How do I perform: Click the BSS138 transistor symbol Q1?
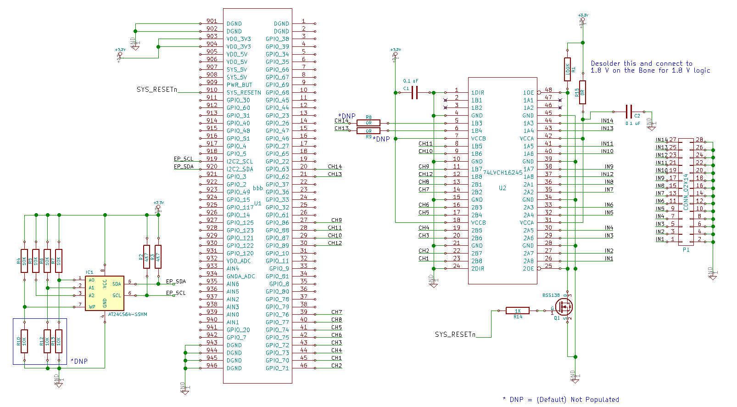click(x=564, y=306)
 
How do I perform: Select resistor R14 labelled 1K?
click(x=517, y=311)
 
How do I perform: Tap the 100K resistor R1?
click(x=568, y=69)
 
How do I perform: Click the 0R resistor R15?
click(x=582, y=92)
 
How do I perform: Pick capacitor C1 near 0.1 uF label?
click(x=415, y=92)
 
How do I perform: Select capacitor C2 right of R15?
click(x=629, y=112)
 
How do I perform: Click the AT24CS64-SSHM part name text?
click(x=128, y=315)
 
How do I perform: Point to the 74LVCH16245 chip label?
click(x=502, y=173)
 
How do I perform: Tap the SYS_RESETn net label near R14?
click(x=455, y=334)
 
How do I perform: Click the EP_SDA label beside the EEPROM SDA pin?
click(x=176, y=281)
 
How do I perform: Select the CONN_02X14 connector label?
click(x=686, y=192)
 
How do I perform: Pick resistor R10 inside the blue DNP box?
click(x=24, y=341)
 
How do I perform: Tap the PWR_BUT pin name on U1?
click(x=239, y=85)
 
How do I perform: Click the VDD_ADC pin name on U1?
click(x=239, y=261)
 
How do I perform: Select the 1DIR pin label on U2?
click(x=477, y=93)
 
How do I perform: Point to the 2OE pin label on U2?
click(x=528, y=269)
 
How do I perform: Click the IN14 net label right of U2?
click(x=607, y=121)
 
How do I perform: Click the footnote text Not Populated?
click(x=595, y=400)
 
